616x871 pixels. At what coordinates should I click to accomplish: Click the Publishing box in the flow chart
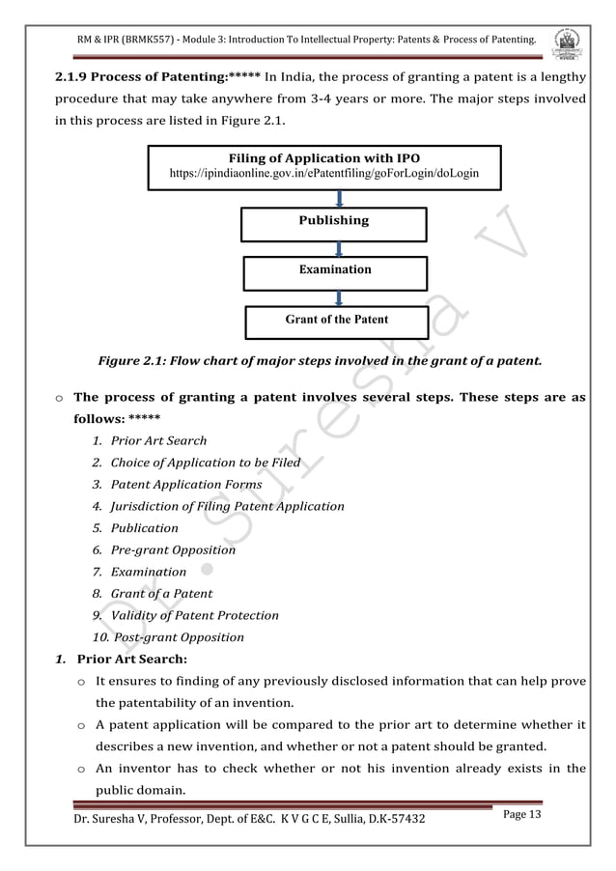(x=333, y=221)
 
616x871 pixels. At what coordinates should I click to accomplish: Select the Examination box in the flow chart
(x=334, y=269)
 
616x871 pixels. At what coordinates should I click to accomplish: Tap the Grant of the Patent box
(x=337, y=320)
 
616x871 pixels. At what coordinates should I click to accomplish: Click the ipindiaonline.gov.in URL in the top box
(x=323, y=174)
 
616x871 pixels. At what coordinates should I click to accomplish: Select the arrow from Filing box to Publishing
(x=339, y=199)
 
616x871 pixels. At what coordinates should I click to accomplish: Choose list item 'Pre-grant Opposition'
(x=173, y=550)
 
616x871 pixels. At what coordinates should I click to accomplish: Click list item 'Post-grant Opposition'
(x=179, y=637)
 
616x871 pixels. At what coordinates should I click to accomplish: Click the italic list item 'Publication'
(x=145, y=528)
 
